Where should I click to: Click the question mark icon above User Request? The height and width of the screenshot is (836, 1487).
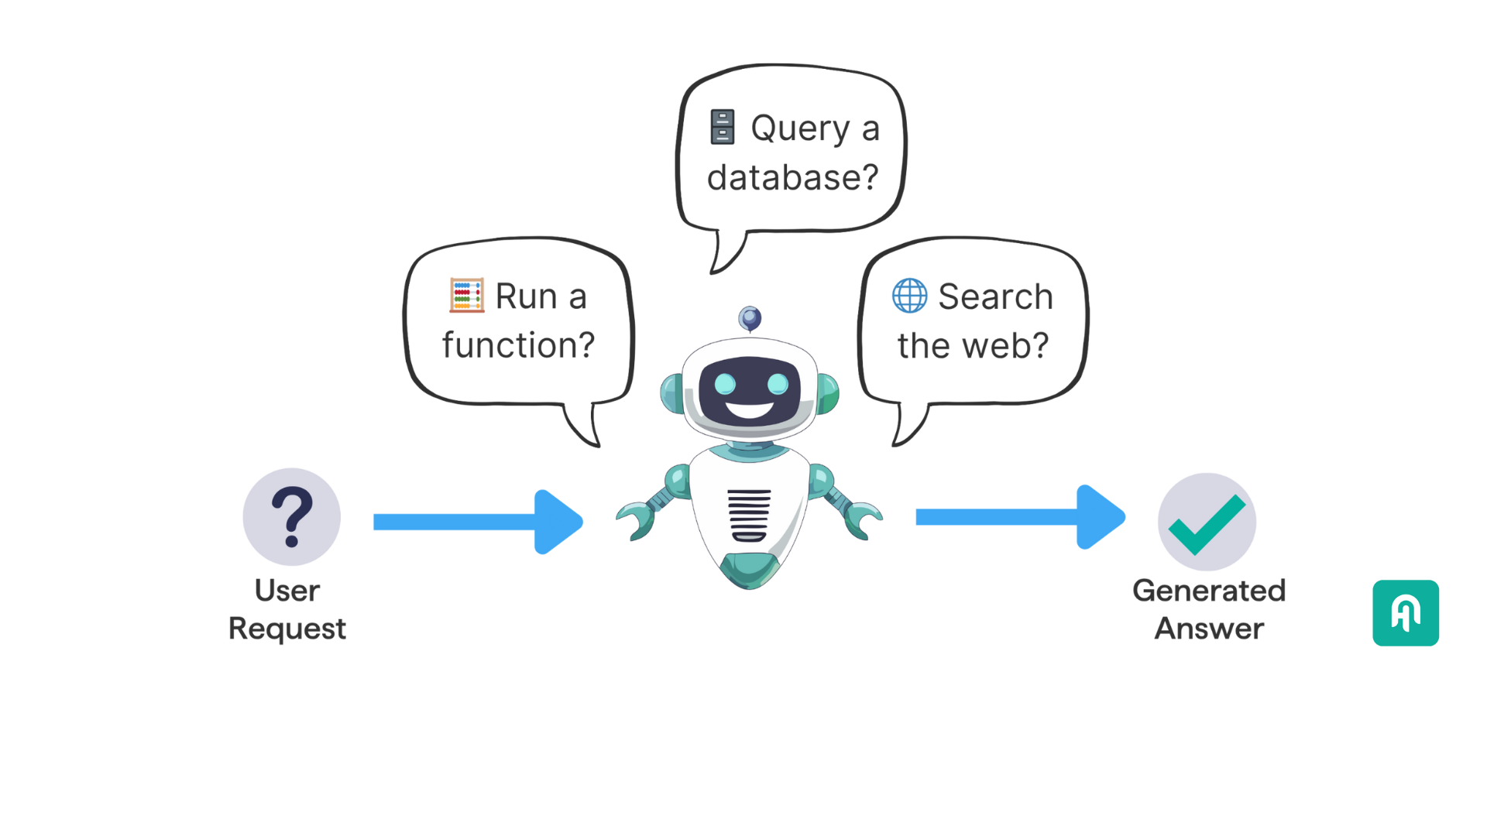tap(291, 516)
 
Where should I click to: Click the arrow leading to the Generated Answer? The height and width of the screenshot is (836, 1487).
tap(1019, 517)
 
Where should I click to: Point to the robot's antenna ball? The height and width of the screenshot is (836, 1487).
tap(750, 317)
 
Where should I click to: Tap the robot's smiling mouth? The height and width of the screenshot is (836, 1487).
tap(750, 409)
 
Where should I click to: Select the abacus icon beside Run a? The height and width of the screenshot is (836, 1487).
tap(467, 295)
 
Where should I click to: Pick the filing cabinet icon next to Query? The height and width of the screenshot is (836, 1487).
tap(722, 127)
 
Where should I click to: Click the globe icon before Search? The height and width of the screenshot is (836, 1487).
tap(909, 295)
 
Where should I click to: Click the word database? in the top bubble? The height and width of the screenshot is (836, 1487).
tap(792, 178)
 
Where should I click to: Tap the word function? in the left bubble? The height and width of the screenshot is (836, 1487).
tap(518, 344)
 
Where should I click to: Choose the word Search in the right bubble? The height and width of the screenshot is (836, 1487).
tap(995, 296)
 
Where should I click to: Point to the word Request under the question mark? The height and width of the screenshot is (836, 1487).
tap(287, 629)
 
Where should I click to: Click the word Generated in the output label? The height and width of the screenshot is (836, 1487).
tap(1208, 591)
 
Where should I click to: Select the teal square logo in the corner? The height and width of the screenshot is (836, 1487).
tap(1405, 613)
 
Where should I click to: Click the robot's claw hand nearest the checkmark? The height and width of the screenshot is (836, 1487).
tap(863, 518)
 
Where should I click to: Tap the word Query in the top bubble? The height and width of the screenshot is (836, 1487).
tap(800, 128)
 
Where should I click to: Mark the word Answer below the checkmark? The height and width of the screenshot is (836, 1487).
tap(1209, 629)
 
